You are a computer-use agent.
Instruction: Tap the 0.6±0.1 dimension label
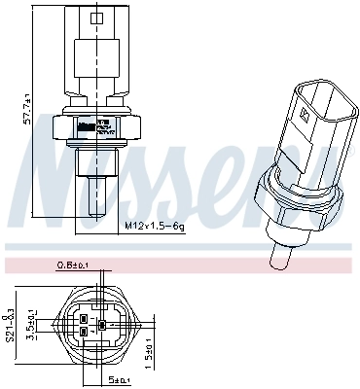[72, 263]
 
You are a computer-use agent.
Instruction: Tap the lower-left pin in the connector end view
[86, 332]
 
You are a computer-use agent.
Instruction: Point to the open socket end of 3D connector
[309, 97]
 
